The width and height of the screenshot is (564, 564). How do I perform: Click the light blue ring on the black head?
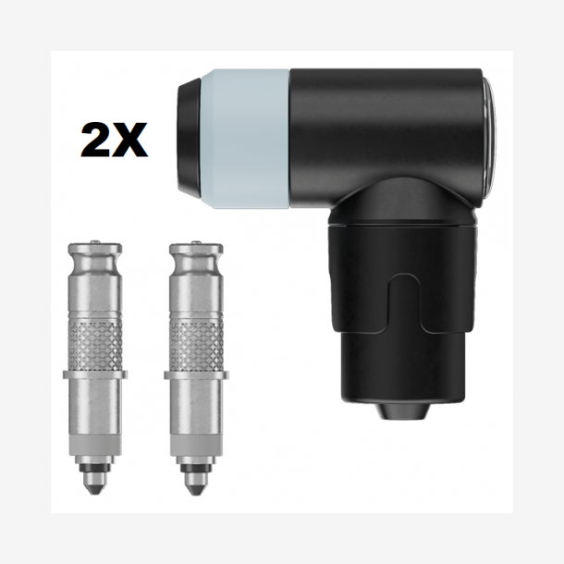tap(246, 138)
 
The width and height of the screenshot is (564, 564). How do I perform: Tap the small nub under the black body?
tap(400, 410)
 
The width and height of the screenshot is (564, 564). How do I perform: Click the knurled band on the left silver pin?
tap(94, 345)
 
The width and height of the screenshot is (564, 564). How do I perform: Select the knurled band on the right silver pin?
tap(196, 345)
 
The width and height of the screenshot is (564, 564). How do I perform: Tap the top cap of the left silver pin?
tap(94, 251)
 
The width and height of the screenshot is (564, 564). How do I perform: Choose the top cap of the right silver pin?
tap(196, 251)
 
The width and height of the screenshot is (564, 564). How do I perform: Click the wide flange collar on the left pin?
tap(94, 374)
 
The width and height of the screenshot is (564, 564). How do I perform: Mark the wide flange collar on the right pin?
tap(196, 374)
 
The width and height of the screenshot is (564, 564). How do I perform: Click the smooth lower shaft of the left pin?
tap(94, 416)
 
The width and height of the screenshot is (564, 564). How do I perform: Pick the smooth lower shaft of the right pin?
tap(196, 416)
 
